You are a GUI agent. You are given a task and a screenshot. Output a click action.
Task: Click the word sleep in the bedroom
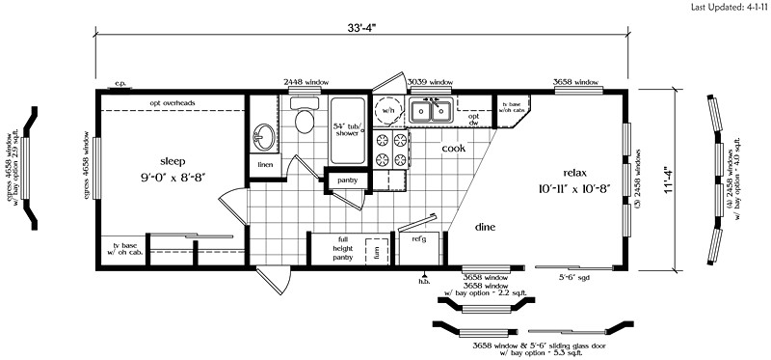(173, 161)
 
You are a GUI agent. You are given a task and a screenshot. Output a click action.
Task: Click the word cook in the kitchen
(455, 149)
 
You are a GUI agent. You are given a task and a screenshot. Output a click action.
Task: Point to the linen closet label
(262, 166)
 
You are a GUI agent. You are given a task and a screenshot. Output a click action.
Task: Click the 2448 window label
(306, 82)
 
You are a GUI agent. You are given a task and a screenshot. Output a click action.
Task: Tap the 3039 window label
(430, 82)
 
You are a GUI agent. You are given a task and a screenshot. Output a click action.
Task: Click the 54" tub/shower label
(346, 129)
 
